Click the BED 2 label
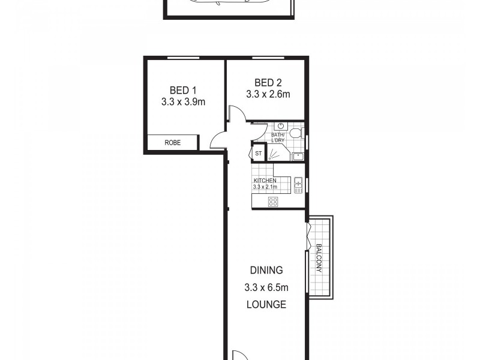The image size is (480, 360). (x=268, y=82)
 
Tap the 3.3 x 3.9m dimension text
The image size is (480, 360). (x=183, y=102)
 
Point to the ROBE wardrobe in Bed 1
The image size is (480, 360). (x=173, y=143)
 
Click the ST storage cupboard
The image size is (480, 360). (x=259, y=154)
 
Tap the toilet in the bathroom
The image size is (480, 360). (x=296, y=133)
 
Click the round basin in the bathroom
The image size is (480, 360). (x=280, y=127)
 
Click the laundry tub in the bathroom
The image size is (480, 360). (x=298, y=157)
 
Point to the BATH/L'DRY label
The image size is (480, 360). (x=278, y=139)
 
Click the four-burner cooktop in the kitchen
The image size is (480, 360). (x=273, y=202)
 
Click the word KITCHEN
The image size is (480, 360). (x=265, y=181)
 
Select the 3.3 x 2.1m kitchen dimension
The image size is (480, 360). (x=265, y=187)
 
